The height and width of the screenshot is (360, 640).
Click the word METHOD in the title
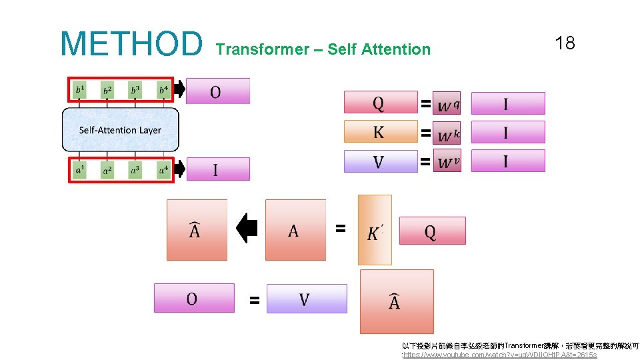click(x=131, y=43)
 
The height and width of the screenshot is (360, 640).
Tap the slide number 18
click(x=565, y=44)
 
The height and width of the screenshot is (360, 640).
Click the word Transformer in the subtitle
click(x=263, y=49)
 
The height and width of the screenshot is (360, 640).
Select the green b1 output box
click(x=80, y=89)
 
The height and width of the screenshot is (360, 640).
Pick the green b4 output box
click(x=163, y=89)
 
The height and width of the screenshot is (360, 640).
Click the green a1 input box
click(x=80, y=170)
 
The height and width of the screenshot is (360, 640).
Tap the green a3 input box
click(x=135, y=170)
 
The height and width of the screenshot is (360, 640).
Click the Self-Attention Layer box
click(x=120, y=129)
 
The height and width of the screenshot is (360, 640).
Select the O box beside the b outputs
click(x=217, y=91)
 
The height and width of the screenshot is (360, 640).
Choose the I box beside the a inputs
click(x=217, y=169)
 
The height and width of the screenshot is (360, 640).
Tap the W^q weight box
click(x=447, y=104)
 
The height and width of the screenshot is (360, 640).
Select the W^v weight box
click(x=447, y=161)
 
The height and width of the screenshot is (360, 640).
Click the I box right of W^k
click(x=507, y=132)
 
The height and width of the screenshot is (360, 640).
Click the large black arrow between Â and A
click(x=247, y=229)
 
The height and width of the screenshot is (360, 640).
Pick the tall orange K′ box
click(x=375, y=230)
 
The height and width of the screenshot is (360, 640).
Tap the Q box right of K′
click(x=432, y=231)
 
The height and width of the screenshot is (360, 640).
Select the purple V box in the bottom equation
click(x=307, y=299)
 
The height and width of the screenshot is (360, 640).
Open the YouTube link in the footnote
click(x=500, y=355)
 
